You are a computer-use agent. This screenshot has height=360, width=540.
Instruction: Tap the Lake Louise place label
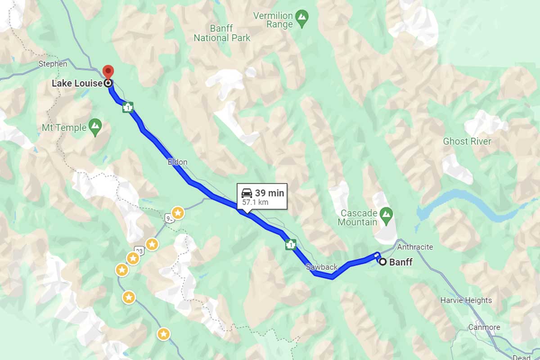pyautogui.click(x=77, y=83)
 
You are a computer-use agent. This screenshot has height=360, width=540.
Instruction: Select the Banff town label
pyautogui.click(x=400, y=262)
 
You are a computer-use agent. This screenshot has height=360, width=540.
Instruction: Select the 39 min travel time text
pyautogui.click(x=269, y=193)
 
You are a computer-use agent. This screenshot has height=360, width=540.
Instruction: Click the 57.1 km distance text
pyautogui.click(x=255, y=202)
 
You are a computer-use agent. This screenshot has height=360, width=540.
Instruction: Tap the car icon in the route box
pyautogui.click(x=247, y=193)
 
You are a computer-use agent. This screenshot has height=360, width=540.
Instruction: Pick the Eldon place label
pyautogui.click(x=177, y=162)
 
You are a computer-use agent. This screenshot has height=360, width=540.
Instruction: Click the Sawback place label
pyautogui.click(x=321, y=267)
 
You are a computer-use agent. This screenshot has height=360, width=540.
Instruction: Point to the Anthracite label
pyautogui.click(x=415, y=247)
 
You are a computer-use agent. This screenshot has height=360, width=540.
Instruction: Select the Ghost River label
pyautogui.click(x=467, y=141)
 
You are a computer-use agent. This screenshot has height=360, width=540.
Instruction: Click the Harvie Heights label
pyautogui.click(x=466, y=300)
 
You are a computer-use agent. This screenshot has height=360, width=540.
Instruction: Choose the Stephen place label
pyautogui.click(x=53, y=64)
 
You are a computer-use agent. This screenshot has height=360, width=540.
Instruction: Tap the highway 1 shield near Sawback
pyautogui.click(x=290, y=245)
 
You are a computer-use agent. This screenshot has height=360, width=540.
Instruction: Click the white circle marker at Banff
pyautogui.click(x=382, y=261)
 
